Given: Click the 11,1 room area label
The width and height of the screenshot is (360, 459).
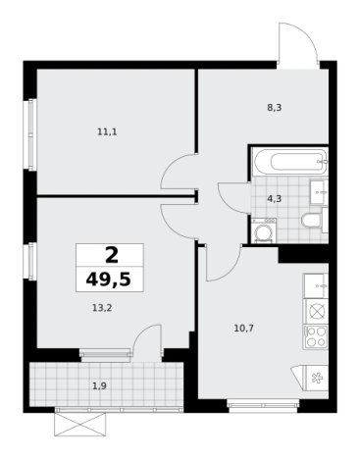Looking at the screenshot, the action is (x=107, y=132).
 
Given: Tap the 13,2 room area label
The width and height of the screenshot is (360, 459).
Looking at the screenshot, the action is (x=102, y=308).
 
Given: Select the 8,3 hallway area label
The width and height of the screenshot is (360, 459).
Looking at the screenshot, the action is (x=275, y=108).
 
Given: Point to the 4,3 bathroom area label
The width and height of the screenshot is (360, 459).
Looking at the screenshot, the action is (x=275, y=199).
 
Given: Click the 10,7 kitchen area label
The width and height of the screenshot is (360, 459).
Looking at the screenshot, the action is (x=244, y=328).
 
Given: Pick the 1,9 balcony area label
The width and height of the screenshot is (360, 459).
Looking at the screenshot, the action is (x=100, y=386).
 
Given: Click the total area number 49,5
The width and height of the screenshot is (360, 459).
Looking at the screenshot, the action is (x=109, y=280).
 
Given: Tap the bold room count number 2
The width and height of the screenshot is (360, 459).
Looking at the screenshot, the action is (x=112, y=255).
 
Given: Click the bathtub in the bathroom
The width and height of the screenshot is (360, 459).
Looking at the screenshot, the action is (x=290, y=162).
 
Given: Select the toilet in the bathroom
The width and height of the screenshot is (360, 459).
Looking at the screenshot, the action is (x=312, y=221).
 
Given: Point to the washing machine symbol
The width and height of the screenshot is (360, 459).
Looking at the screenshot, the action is (x=264, y=231).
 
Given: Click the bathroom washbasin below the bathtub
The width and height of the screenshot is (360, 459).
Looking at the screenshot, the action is (x=319, y=192).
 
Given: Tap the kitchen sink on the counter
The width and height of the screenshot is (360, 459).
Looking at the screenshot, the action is (x=316, y=285).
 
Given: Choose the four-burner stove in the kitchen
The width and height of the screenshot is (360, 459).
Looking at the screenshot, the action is (x=316, y=336).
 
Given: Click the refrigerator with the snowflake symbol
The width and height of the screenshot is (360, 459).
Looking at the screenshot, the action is (x=317, y=379).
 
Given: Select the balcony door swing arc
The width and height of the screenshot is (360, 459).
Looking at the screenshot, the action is (x=143, y=331).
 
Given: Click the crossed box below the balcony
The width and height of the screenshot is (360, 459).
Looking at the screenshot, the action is (x=80, y=424).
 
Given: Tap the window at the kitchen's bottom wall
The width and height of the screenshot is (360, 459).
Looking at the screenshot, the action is (x=264, y=405).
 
